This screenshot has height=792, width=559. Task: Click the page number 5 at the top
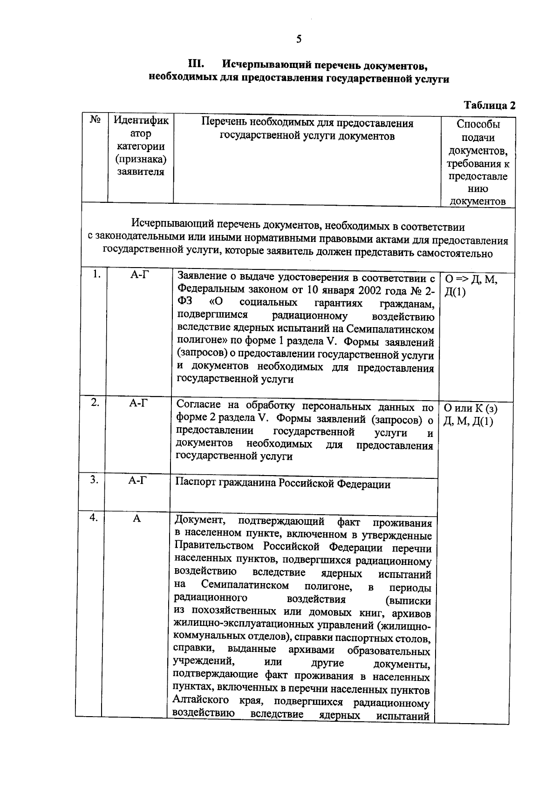(299, 39)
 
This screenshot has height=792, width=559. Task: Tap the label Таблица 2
(490, 105)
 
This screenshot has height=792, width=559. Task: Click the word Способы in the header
(478, 124)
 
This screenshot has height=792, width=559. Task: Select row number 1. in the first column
(96, 274)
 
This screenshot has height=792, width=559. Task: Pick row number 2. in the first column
(95, 403)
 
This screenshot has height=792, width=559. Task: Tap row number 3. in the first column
(94, 479)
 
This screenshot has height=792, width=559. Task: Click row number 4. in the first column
(94, 517)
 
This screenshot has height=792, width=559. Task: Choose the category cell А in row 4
(136, 518)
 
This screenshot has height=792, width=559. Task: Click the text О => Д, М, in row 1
(471, 279)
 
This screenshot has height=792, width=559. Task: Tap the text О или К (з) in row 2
(470, 409)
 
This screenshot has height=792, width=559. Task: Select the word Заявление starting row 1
(203, 277)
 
